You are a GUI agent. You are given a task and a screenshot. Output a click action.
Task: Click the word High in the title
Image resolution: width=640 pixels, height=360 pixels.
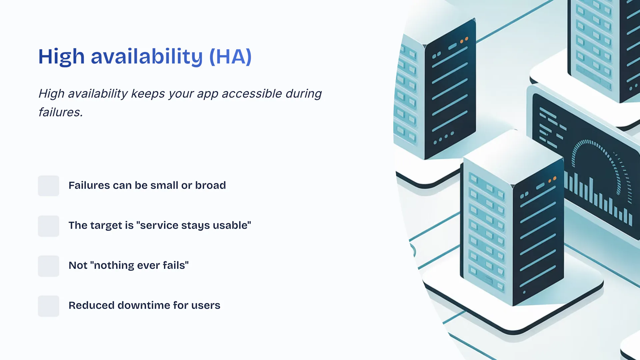coord(61,57)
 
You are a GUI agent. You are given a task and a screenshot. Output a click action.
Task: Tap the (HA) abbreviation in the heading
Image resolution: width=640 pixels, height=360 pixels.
coord(230,57)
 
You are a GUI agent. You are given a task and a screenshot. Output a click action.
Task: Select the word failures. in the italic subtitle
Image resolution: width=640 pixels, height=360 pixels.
coord(60,112)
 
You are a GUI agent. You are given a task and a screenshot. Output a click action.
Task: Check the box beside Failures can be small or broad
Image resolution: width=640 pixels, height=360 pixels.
coord(48,186)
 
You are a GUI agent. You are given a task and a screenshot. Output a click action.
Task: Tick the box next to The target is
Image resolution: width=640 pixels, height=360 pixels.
coord(48,226)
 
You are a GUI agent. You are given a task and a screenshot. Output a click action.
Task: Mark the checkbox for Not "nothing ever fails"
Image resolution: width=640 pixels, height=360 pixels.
coord(48,266)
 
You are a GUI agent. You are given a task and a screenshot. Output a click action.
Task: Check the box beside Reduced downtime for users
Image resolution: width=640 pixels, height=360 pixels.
coord(48,306)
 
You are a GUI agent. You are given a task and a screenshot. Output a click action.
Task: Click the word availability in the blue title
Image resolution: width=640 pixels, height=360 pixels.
coord(147,57)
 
